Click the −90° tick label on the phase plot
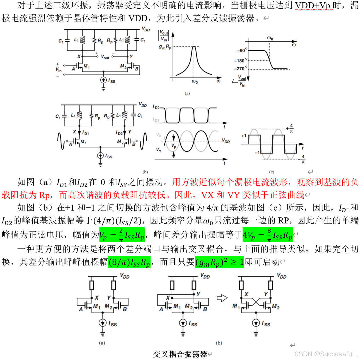pyautogui.click(x=242, y=51)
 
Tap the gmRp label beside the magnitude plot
pyautogui.click(x=165, y=47)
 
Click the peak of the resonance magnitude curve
pyautogui.click(x=194, y=47)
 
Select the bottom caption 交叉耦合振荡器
pyautogui.click(x=180, y=354)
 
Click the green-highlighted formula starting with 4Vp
pyautogui.click(x=267, y=235)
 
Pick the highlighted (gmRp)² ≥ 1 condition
pyautogui.click(x=219, y=262)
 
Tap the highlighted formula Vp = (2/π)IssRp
pyautogui.click(x=122, y=235)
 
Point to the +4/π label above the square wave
pyautogui.click(x=290, y=128)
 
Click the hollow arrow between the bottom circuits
pyautogui.click(x=222, y=298)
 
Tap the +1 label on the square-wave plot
pyautogui.click(x=244, y=136)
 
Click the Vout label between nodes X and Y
pyautogui.click(x=105, y=57)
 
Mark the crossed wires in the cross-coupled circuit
pyautogui.click(x=255, y=302)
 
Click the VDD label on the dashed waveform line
pyautogui.click(x=226, y=141)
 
